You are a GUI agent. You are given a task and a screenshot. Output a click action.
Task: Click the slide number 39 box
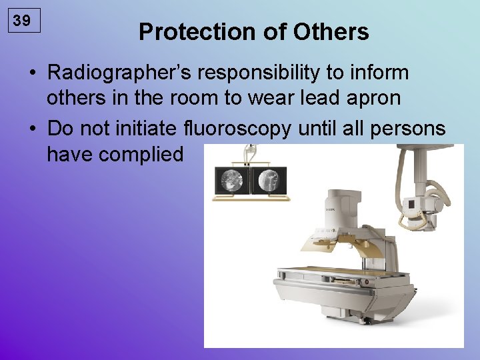point(22,21)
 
